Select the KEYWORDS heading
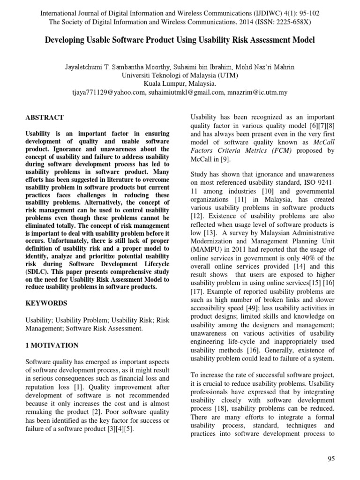[x=46, y=303]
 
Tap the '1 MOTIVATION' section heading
[x=52, y=345]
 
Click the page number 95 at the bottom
[x=331, y=459]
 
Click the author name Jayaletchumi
[x=88, y=67]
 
